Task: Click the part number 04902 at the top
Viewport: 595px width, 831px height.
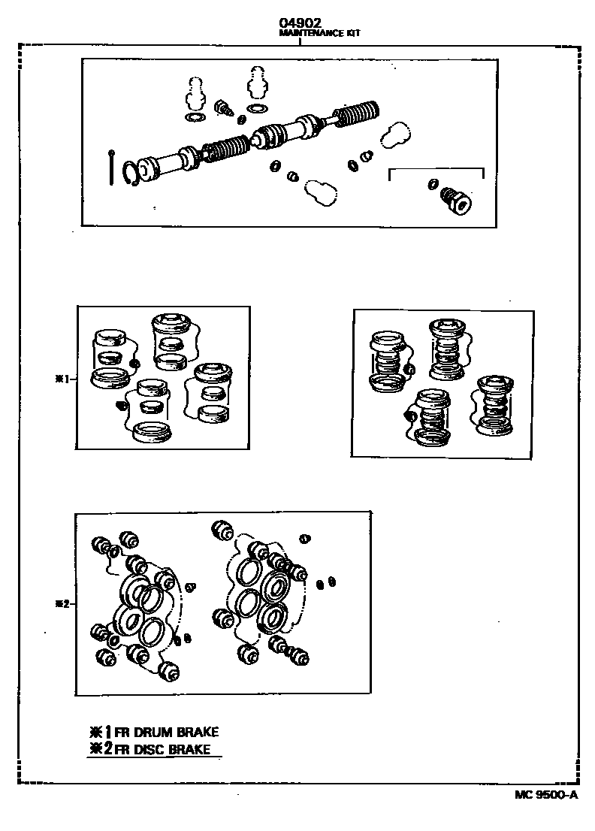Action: click(x=300, y=24)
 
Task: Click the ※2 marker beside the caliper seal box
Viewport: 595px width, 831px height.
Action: click(x=62, y=603)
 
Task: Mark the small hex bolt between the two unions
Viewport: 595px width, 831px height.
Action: click(x=222, y=107)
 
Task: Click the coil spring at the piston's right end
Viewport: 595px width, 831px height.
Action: click(x=360, y=115)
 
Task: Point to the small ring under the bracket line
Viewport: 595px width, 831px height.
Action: click(x=433, y=183)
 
